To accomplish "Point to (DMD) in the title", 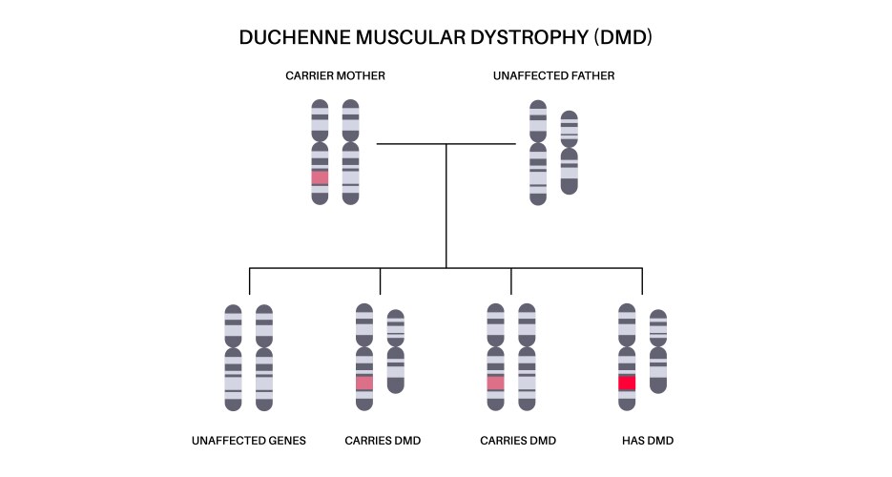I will click(622, 38).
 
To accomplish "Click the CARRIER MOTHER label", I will click(335, 75).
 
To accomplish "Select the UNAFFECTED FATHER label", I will click(553, 75).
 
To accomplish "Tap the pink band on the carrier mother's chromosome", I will click(320, 177).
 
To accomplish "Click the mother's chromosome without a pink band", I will click(350, 153).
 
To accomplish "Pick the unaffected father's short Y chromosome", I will click(569, 153).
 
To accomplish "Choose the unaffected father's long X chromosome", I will click(538, 153).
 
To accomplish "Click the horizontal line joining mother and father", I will click(446, 144).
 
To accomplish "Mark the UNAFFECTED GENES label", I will click(249, 441).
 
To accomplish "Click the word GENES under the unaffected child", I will click(286, 441).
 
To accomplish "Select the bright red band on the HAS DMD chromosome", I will click(627, 383).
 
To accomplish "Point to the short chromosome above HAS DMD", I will click(657, 351).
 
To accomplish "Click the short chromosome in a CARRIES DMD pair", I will click(395, 351).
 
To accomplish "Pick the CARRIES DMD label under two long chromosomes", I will click(517, 441).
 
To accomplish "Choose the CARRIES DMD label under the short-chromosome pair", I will click(382, 441).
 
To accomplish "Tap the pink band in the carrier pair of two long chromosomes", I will click(495, 383).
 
